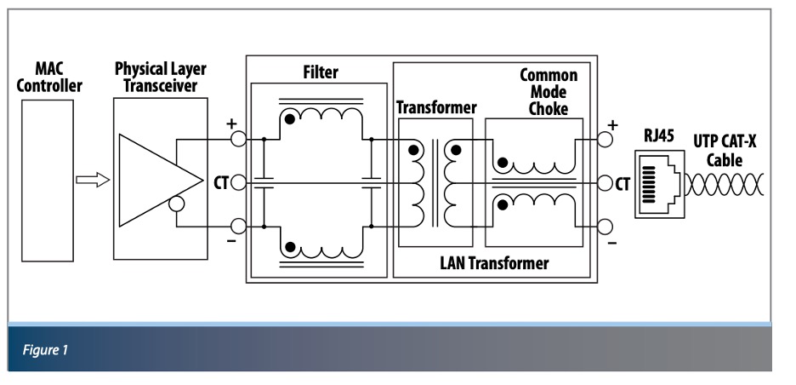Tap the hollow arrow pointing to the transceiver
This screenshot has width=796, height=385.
coord(94,180)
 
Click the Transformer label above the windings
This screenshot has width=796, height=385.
coord(436,108)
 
